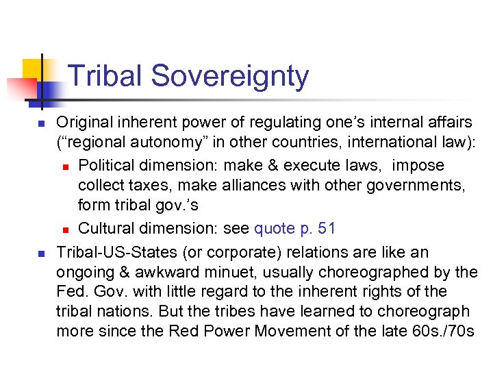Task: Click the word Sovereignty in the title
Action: (230, 76)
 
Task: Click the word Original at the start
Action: (84, 122)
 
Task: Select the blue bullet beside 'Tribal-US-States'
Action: (40, 252)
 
